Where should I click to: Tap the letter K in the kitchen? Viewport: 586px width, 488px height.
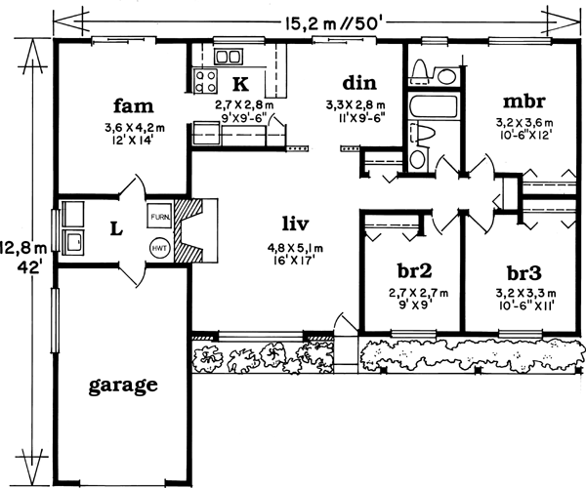coord(239,84)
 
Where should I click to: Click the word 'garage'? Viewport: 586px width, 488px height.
coord(123,385)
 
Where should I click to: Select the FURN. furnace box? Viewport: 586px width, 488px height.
coord(161,216)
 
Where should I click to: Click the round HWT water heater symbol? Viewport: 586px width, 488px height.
coord(160,248)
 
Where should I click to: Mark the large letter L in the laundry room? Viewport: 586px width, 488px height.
coord(115,229)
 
